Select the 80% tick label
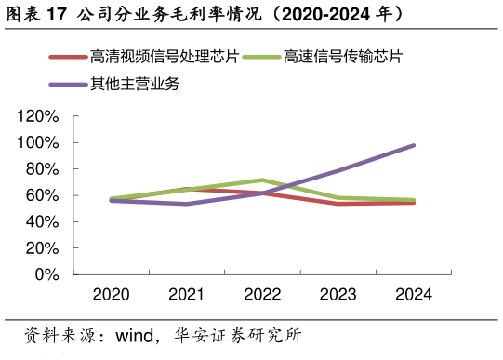42,169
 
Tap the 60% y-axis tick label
42,195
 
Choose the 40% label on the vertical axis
42,222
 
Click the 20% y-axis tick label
42,248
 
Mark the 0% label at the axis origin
46,274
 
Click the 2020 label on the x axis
112,295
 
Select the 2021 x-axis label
187,295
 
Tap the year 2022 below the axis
262,295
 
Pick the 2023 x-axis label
338,295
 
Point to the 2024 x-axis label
414,295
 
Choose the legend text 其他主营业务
135,85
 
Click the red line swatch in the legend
68,58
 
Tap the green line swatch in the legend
261,58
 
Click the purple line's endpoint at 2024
414,145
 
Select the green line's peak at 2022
263,180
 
